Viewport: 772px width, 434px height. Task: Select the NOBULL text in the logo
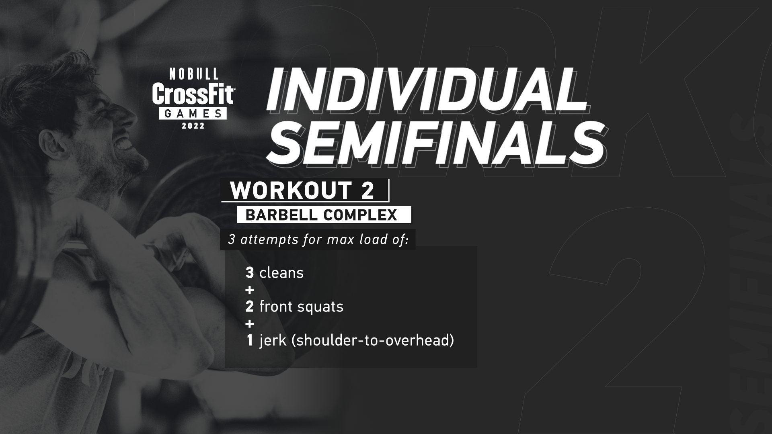click(x=194, y=74)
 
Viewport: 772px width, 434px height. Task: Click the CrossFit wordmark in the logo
click(x=193, y=94)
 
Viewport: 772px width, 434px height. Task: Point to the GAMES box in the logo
click(x=193, y=114)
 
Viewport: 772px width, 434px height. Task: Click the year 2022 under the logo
click(x=193, y=126)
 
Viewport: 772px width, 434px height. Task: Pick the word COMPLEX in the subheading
click(x=359, y=215)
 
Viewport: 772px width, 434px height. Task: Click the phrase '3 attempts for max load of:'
click(x=318, y=240)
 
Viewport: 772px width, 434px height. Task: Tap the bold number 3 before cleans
click(x=250, y=273)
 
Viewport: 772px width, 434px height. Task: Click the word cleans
click(x=281, y=273)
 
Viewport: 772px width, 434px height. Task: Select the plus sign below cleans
click(x=250, y=290)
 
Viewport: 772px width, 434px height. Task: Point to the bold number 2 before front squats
click(x=250, y=307)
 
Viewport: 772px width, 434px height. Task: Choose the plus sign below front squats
click(x=250, y=323)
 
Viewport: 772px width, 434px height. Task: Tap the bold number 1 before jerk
click(x=250, y=340)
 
